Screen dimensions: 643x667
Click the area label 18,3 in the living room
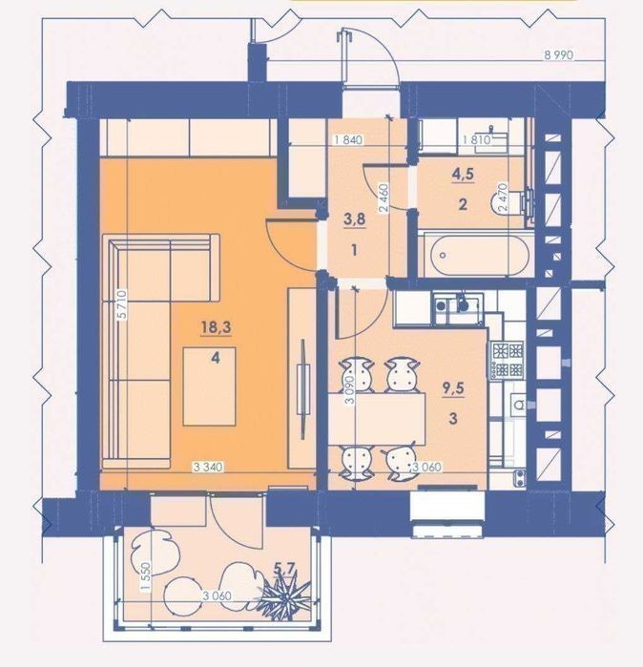click(216, 327)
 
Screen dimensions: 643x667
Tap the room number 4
click(216, 358)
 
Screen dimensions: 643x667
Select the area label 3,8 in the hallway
click(355, 219)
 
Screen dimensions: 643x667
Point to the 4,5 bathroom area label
click(463, 174)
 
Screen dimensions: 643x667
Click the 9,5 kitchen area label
click(453, 388)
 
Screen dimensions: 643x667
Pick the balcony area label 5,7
click(285, 568)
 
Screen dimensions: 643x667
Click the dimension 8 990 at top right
click(559, 54)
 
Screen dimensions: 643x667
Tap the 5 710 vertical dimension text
click(122, 304)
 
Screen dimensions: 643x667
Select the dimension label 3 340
click(208, 467)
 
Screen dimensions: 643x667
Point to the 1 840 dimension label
click(348, 139)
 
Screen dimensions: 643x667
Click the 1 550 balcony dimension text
click(146, 576)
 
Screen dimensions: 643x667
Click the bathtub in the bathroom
click(479, 255)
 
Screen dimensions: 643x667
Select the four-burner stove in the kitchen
click(508, 360)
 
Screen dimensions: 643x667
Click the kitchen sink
click(458, 304)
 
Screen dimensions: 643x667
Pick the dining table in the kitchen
click(377, 419)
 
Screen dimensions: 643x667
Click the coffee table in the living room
click(209, 386)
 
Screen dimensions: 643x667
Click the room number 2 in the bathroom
click(463, 204)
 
